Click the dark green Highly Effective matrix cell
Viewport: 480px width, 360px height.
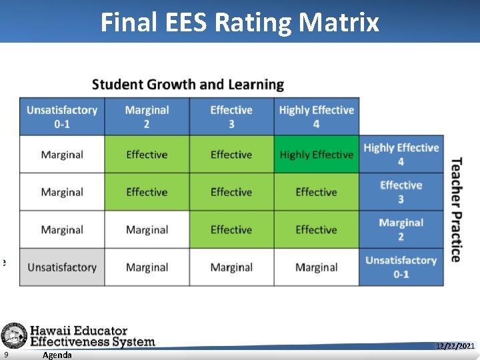(x=316, y=155)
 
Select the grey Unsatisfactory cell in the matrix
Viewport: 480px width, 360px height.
(x=62, y=267)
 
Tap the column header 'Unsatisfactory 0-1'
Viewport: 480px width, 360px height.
(x=62, y=117)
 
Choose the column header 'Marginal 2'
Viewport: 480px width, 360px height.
(x=147, y=117)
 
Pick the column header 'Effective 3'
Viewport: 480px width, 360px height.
(x=231, y=117)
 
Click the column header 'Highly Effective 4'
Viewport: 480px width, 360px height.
(x=316, y=117)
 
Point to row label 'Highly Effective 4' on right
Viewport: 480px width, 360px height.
(x=401, y=155)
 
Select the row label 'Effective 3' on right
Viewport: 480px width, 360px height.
(x=401, y=192)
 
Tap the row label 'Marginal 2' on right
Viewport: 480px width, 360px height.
(x=401, y=229)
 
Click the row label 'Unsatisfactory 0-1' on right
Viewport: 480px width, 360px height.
(x=401, y=267)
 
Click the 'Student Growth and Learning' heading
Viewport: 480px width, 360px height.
(x=188, y=85)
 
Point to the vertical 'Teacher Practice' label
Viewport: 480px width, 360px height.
(x=456, y=210)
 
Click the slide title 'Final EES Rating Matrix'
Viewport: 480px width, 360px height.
(x=240, y=23)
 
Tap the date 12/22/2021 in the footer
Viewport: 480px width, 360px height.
(x=455, y=346)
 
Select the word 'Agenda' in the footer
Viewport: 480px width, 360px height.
(x=57, y=355)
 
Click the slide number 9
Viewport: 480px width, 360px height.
(x=6, y=355)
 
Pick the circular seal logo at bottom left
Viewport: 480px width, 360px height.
(x=13, y=335)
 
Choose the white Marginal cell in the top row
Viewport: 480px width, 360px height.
(x=62, y=155)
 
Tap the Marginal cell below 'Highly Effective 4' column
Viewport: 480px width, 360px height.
(x=316, y=267)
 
